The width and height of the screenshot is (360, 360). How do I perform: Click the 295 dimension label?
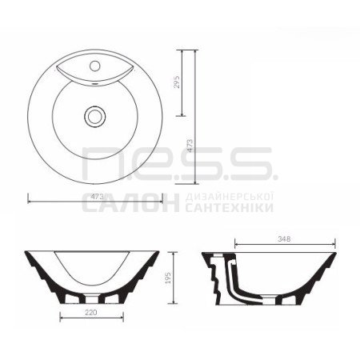tap(177, 82)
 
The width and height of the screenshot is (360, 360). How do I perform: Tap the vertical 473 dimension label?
tap(190, 146)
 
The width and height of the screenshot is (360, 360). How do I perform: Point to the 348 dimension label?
tap(284, 239)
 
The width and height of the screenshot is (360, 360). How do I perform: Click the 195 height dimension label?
tap(169, 278)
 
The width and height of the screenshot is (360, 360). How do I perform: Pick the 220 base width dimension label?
tap(91, 313)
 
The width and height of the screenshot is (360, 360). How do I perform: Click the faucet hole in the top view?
tap(94, 66)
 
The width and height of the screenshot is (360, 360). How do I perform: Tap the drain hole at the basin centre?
tap(94, 117)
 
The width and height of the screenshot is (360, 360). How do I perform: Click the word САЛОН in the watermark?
tap(130, 202)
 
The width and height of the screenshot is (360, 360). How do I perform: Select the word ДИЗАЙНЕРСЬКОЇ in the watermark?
tap(230, 198)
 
